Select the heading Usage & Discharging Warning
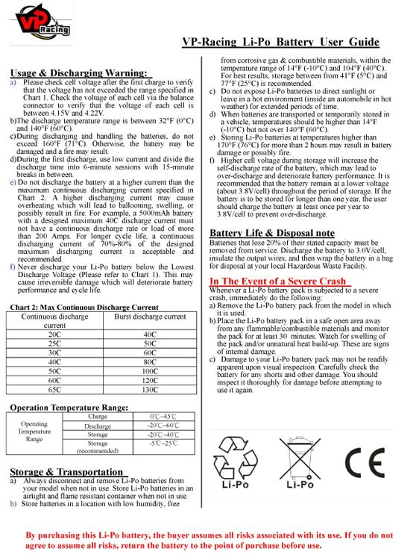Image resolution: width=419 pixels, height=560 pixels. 78,72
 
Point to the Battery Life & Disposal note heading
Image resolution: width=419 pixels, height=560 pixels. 271,233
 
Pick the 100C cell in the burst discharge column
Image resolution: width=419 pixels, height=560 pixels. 150,370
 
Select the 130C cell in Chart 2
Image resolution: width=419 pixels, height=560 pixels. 150,389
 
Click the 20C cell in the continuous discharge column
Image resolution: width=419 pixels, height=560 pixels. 54,335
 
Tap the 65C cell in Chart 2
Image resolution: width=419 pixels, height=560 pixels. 54,389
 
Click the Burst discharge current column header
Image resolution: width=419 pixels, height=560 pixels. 150,317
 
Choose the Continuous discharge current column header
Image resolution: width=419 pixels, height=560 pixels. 54,321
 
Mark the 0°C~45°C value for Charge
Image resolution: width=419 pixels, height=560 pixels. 163,417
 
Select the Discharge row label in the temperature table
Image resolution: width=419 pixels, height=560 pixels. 98,426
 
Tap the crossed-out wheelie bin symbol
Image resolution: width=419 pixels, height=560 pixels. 300,457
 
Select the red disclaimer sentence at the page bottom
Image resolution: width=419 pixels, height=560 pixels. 209,541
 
